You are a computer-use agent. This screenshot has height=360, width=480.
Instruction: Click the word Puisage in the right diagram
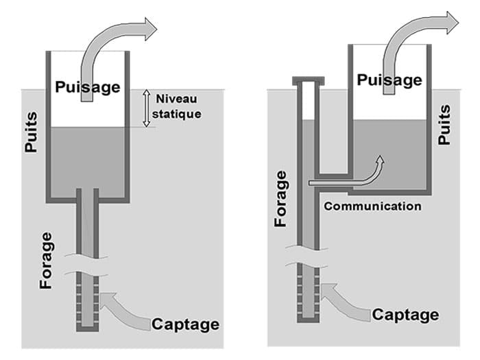click(x=389, y=80)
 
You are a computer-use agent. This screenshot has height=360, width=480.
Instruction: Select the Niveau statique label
click(x=178, y=107)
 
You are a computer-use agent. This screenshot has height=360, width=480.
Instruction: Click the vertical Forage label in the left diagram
click(x=47, y=260)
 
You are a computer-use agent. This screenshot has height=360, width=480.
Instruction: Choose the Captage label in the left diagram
click(x=186, y=324)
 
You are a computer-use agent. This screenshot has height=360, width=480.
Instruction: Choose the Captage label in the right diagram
click(x=405, y=315)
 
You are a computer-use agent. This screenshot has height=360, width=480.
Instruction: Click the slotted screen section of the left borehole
click(x=87, y=302)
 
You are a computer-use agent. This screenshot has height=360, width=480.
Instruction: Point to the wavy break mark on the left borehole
click(x=87, y=265)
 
